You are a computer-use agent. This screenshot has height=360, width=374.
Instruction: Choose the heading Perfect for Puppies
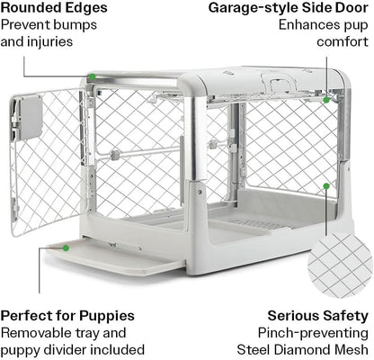(67, 316)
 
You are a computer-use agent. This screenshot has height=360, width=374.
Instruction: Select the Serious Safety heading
(318, 316)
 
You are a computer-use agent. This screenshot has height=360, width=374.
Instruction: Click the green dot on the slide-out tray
(65, 246)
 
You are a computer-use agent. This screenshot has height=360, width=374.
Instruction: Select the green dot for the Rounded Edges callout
(90, 78)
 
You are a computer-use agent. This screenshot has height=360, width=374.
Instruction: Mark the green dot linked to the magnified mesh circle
(325, 186)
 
